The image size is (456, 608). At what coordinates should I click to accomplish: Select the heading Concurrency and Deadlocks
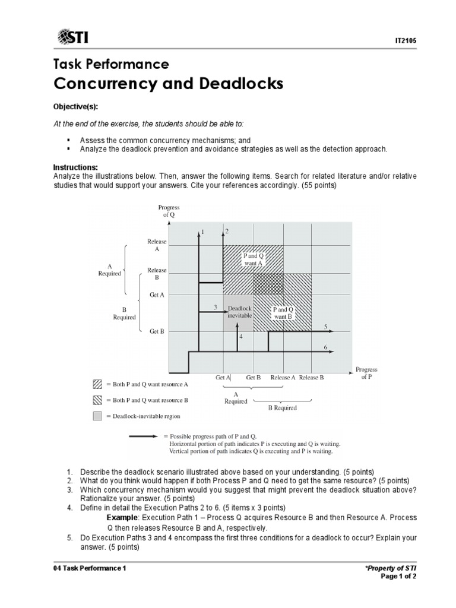168,84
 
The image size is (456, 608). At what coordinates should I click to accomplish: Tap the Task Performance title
111,64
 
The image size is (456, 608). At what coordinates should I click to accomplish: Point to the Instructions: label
75,168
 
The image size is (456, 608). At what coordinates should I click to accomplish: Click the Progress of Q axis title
169,211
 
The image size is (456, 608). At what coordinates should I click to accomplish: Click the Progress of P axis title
366,373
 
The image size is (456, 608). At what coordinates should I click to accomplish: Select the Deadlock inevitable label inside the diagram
240,312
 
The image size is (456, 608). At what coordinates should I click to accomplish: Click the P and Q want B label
282,313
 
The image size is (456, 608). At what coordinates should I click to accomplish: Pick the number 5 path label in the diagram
325,327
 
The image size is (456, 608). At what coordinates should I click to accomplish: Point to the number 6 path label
325,347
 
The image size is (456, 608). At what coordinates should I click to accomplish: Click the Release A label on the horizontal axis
283,377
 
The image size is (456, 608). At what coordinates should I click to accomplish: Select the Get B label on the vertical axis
156,331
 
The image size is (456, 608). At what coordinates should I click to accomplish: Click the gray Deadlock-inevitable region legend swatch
97,416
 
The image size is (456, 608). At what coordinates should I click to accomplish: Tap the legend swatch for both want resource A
97,384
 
